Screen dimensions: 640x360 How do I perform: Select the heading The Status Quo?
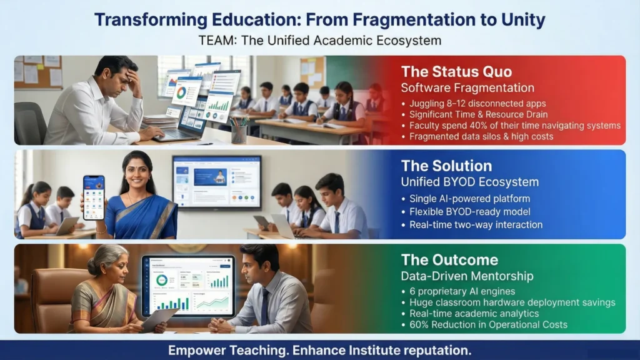coord(456,71)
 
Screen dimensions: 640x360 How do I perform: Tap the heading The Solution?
coord(446,166)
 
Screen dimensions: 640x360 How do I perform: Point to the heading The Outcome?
coord(449,260)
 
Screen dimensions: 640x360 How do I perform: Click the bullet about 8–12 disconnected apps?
coord(477,103)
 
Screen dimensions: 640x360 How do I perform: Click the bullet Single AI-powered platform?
coord(470,199)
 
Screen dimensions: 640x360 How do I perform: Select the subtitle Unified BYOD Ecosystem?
coord(470,182)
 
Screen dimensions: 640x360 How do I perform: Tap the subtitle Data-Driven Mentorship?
coord(467,276)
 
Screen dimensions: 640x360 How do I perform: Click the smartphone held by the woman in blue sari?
coord(94,197)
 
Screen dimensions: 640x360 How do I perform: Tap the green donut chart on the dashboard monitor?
coord(162,280)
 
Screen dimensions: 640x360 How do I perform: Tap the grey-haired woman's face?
coord(114,274)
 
